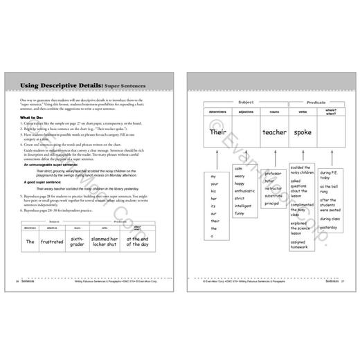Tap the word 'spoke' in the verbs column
[303, 132]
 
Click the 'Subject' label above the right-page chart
[246, 102]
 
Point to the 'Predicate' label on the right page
[316, 102]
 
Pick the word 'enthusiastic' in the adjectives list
[244, 198]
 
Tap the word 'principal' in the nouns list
[272, 203]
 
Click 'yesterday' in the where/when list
[329, 227]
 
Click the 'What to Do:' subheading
[35, 118]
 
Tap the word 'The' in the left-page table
[30, 242]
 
